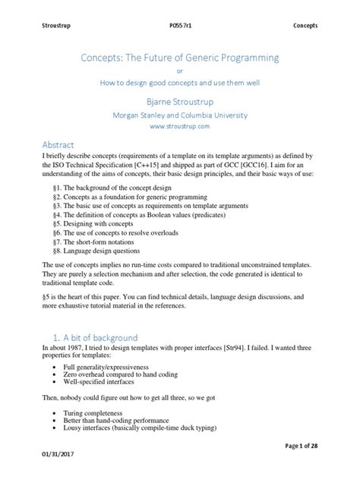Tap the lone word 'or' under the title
180,73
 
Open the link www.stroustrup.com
180,128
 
